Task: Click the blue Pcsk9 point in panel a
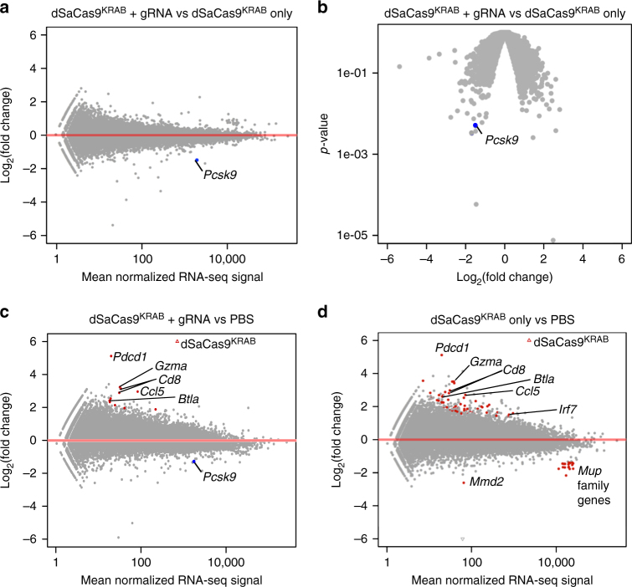(x=198, y=161)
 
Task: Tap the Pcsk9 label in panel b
(x=500, y=141)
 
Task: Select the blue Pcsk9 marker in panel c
(x=194, y=461)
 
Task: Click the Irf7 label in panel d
(x=568, y=409)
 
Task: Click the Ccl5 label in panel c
(x=152, y=390)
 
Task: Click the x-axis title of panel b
(x=504, y=277)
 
